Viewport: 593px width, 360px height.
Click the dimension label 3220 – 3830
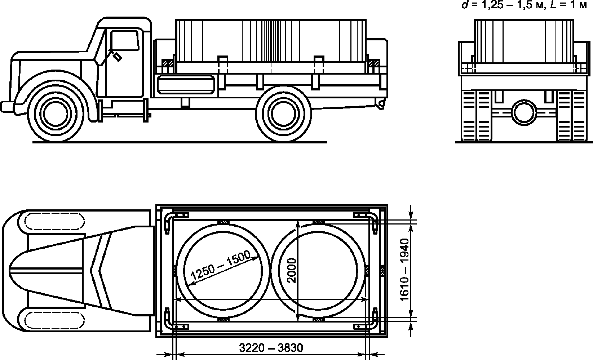(x=271, y=348)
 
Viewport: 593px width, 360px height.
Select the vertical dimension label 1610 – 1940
(x=405, y=270)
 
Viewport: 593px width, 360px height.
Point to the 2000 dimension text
(x=292, y=271)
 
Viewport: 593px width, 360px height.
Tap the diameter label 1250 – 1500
(x=220, y=265)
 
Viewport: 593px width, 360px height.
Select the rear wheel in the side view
(x=284, y=114)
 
